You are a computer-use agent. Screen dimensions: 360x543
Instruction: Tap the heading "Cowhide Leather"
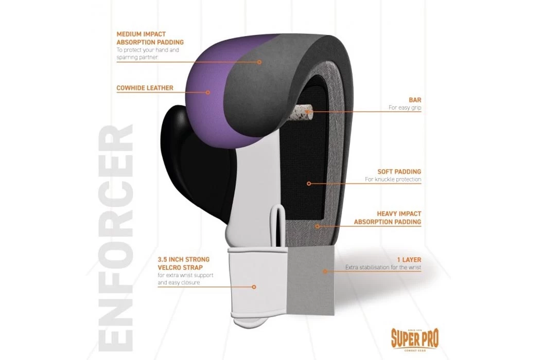click(145, 88)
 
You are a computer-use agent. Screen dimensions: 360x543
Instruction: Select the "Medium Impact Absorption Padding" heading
click(150, 39)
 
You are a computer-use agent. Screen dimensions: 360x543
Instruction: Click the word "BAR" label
click(415, 100)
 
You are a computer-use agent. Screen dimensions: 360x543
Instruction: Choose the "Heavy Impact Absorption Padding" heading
click(388, 218)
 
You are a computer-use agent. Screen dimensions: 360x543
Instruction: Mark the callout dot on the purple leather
click(208, 93)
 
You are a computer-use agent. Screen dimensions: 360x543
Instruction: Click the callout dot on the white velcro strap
click(254, 287)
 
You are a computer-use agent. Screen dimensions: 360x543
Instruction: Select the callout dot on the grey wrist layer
click(325, 271)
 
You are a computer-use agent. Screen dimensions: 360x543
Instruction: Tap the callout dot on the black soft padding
click(309, 183)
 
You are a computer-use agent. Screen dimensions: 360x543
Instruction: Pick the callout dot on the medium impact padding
click(259, 62)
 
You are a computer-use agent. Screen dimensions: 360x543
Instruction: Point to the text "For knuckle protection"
click(393, 179)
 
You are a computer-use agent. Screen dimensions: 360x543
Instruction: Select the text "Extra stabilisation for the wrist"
click(383, 268)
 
